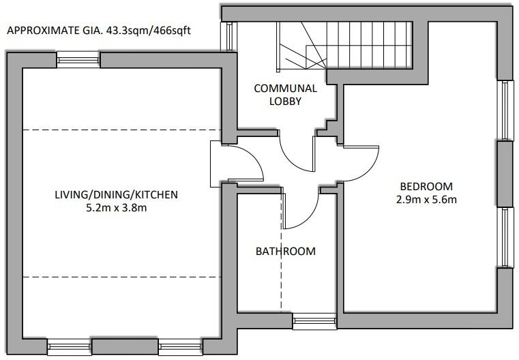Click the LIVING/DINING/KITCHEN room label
(x=116, y=194)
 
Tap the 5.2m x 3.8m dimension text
(x=116, y=208)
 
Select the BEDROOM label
(x=426, y=186)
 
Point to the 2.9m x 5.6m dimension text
(x=426, y=200)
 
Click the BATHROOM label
(x=285, y=251)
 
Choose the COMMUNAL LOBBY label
(x=285, y=94)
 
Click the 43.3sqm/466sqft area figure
(x=153, y=31)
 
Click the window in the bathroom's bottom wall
(x=314, y=321)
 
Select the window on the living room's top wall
(x=78, y=60)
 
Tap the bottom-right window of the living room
(x=180, y=348)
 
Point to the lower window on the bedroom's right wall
(x=505, y=237)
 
